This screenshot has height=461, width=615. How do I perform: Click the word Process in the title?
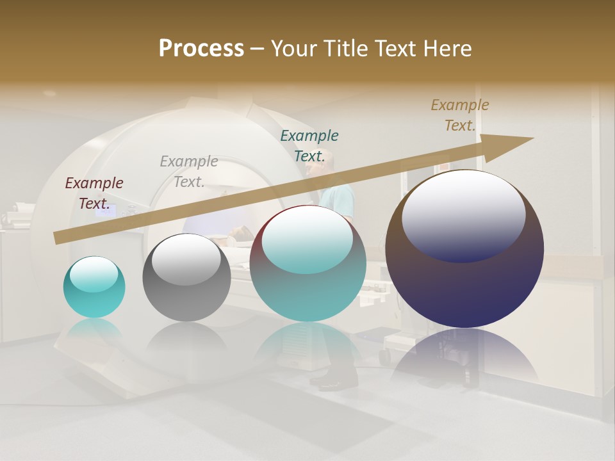(x=201, y=49)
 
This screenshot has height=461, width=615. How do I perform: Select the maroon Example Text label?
(x=94, y=193)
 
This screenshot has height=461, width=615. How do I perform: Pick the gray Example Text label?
(x=189, y=172)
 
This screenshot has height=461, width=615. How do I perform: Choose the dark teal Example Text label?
(x=309, y=146)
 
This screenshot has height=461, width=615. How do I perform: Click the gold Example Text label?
(x=460, y=115)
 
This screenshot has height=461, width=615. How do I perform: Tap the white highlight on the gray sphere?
(x=186, y=259)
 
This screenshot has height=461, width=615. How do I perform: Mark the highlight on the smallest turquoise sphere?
(x=94, y=274)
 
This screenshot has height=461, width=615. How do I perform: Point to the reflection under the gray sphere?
(x=186, y=339)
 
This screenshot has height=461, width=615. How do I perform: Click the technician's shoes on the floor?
(x=334, y=382)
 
